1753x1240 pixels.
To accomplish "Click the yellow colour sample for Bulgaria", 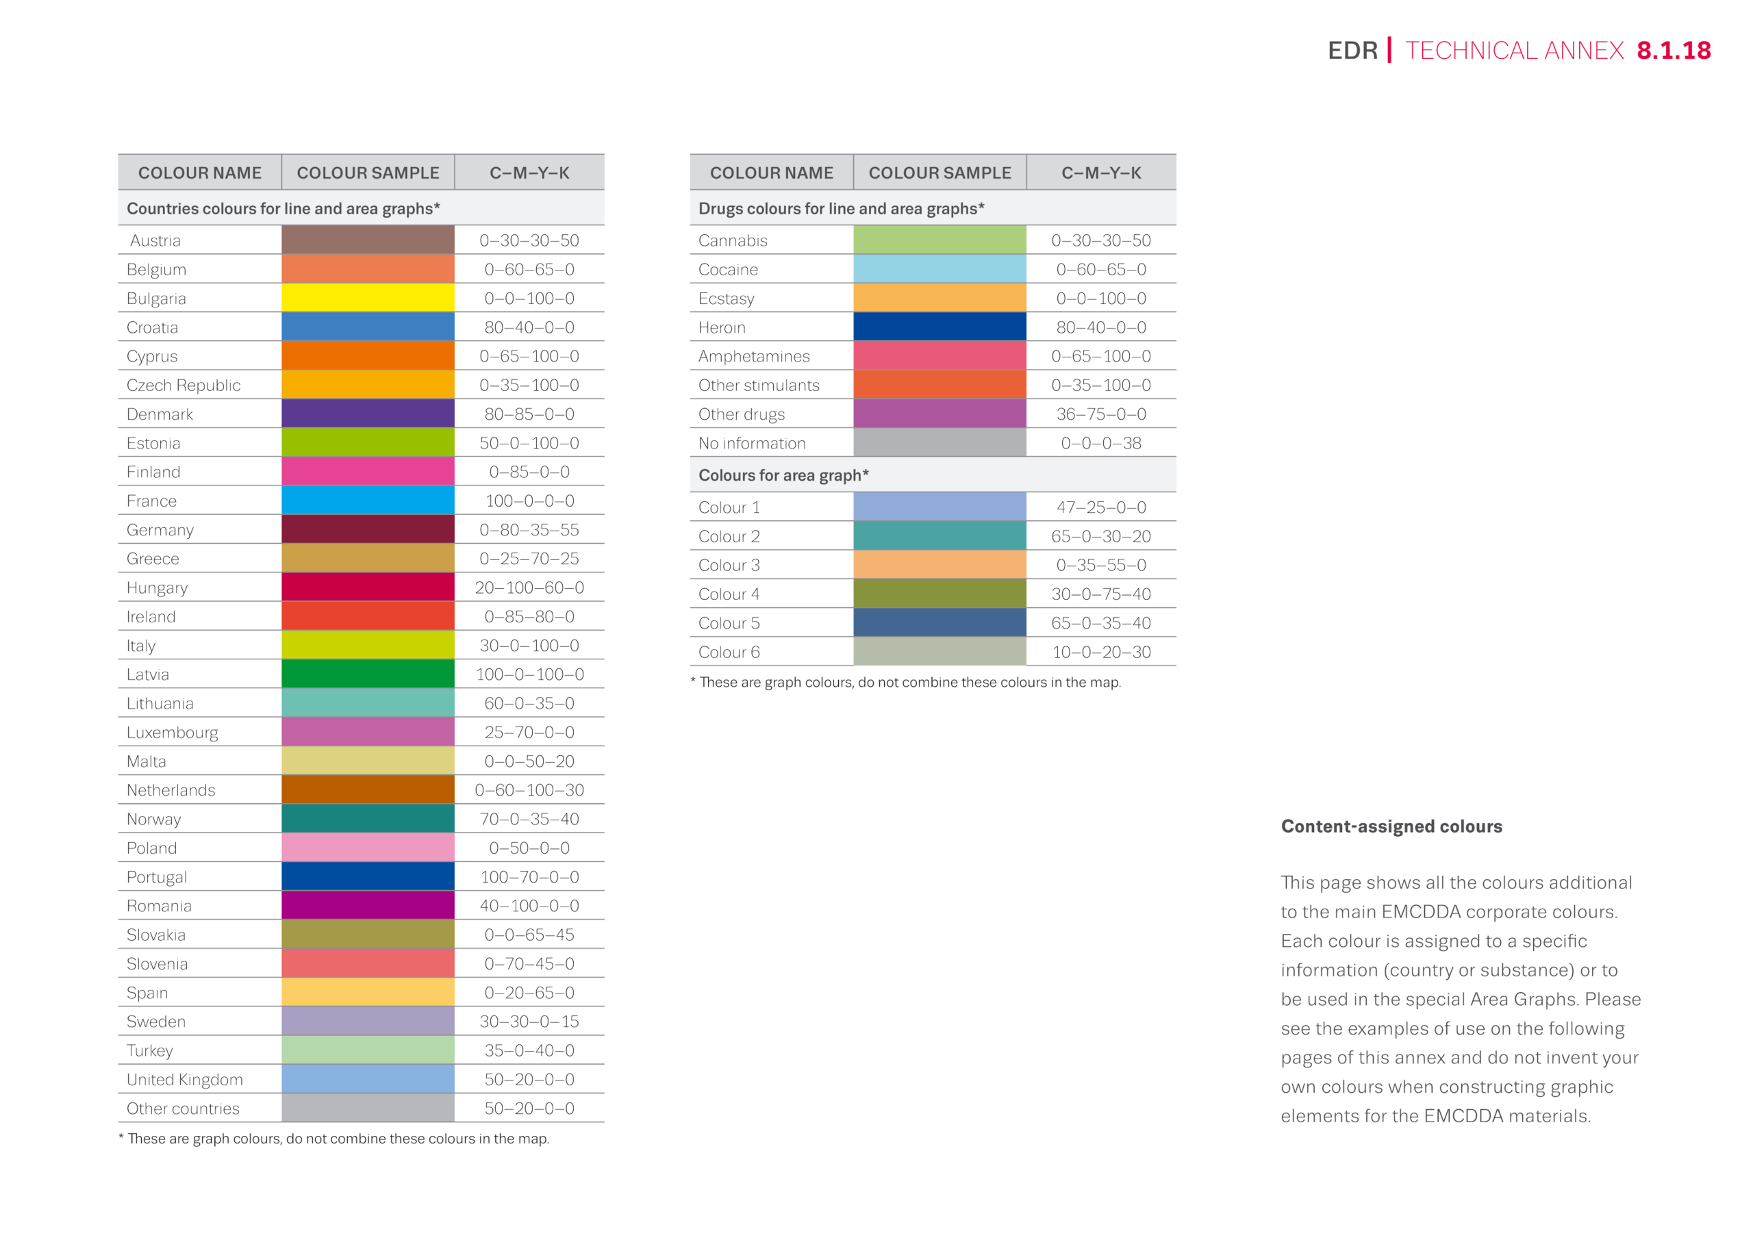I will [x=367, y=298].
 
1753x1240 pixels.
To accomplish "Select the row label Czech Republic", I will [x=184, y=385].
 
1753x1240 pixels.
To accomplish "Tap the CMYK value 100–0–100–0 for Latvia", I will [x=529, y=674].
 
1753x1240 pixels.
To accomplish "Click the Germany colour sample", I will [x=367, y=529].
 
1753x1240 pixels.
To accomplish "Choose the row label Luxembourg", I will [x=172, y=732].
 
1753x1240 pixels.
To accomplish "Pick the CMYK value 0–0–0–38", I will [x=1100, y=443].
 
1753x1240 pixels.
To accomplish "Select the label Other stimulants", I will [x=758, y=385].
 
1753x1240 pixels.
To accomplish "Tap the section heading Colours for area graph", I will [x=783, y=475].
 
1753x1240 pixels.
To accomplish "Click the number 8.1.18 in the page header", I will [x=1673, y=51].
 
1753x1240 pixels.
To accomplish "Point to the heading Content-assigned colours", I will [x=1391, y=826].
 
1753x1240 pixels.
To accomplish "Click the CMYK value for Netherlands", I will [x=529, y=790].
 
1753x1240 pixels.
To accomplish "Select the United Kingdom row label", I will [x=185, y=1079].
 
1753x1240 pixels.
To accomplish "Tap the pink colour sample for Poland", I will [x=367, y=848].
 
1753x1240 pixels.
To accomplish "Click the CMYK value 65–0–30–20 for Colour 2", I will [x=1100, y=536].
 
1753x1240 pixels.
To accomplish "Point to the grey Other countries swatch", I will [x=367, y=1108].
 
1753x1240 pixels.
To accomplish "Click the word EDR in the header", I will [x=1352, y=51].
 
